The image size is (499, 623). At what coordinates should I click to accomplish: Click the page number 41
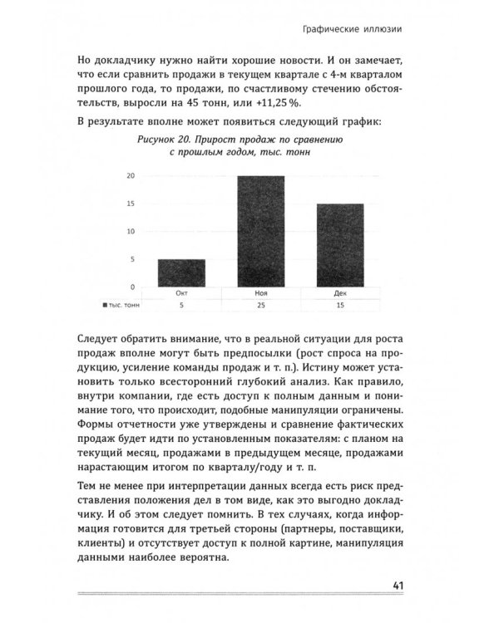click(x=397, y=586)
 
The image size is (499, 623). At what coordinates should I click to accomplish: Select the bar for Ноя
click(x=262, y=231)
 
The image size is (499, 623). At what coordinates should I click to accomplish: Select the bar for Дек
click(x=339, y=245)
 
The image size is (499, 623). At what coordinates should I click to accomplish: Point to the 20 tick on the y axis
click(x=131, y=176)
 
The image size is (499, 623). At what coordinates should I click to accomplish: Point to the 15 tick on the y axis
click(x=131, y=204)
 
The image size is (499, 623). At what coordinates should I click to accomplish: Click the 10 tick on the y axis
click(x=131, y=231)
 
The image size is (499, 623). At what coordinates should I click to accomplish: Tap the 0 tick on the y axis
click(x=132, y=287)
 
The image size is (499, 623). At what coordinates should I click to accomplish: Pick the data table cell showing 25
click(x=260, y=306)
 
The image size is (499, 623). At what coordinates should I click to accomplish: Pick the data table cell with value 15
click(x=340, y=306)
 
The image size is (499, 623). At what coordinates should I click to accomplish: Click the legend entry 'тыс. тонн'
click(x=121, y=306)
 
